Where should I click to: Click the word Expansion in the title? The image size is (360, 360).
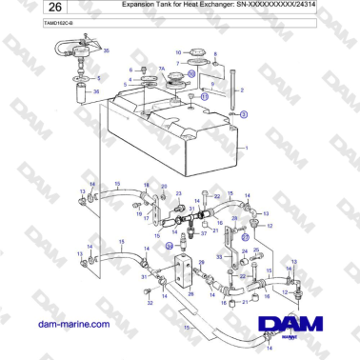[142, 6]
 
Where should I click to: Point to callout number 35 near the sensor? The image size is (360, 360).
[106, 50]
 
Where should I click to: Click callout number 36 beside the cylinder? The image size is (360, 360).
[94, 90]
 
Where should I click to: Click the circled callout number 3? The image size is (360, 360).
[244, 114]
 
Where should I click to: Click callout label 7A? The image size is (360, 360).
[161, 69]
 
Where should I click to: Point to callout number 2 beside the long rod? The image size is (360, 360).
[243, 90]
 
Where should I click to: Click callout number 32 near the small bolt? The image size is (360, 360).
[150, 302]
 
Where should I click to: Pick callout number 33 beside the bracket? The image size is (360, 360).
[218, 257]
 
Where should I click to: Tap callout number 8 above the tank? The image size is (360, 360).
[215, 55]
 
